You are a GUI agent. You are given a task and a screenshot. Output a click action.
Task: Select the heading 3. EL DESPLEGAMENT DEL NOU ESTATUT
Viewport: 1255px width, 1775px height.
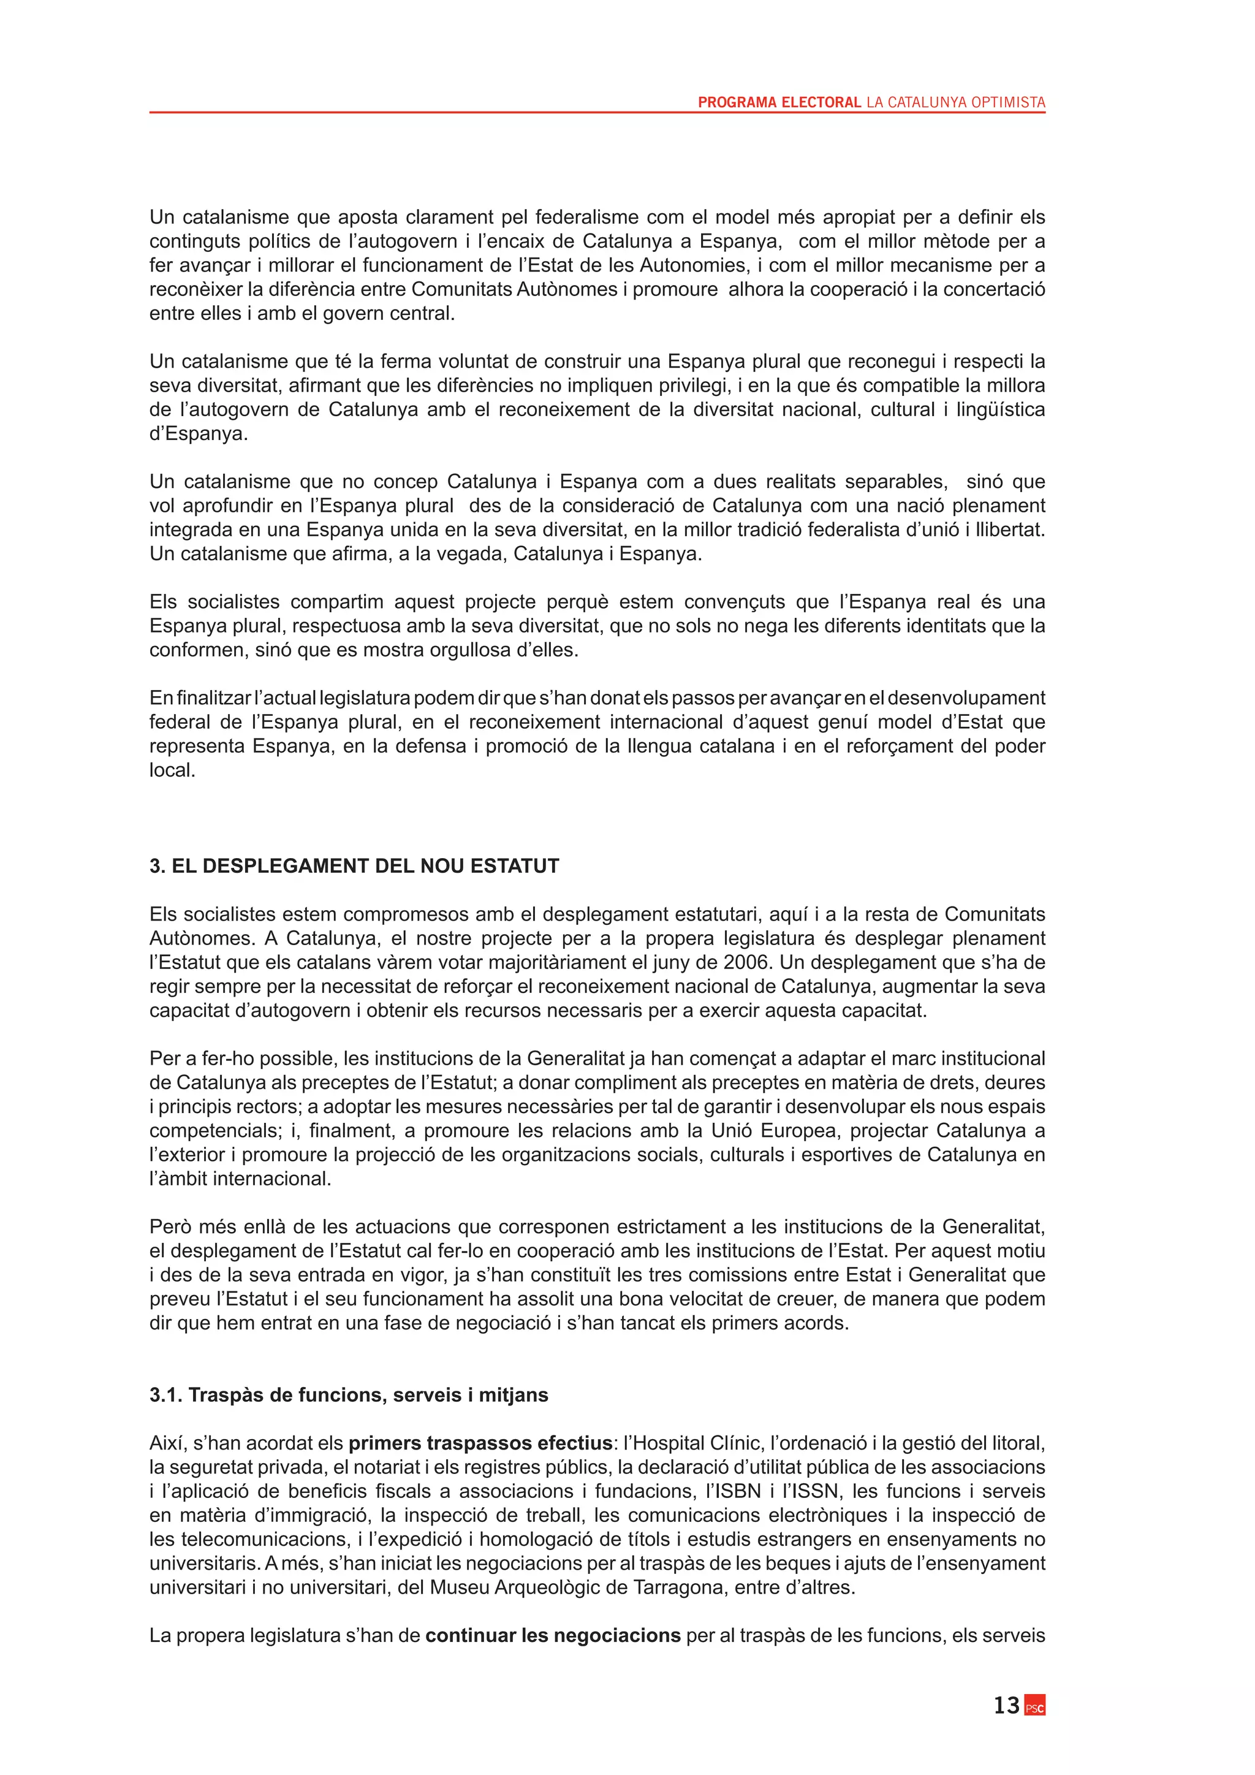tap(354, 866)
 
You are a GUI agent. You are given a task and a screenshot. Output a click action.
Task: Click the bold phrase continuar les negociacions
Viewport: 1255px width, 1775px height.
tap(553, 1636)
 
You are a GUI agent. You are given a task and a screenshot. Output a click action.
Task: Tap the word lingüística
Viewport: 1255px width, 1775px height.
tap(1000, 410)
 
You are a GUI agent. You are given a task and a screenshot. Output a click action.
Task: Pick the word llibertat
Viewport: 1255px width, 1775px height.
tap(1010, 530)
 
